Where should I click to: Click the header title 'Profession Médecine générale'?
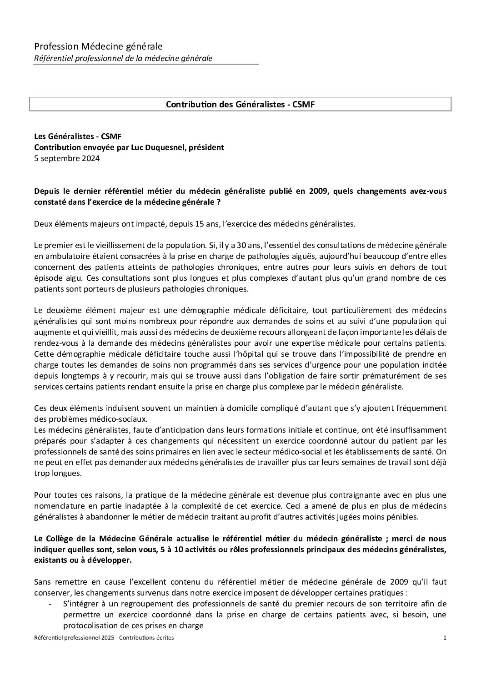tap(98, 46)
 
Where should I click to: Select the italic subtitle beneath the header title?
tap(123, 58)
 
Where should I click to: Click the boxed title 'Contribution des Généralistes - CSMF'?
tap(240, 104)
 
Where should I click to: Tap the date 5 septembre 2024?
tap(67, 158)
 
